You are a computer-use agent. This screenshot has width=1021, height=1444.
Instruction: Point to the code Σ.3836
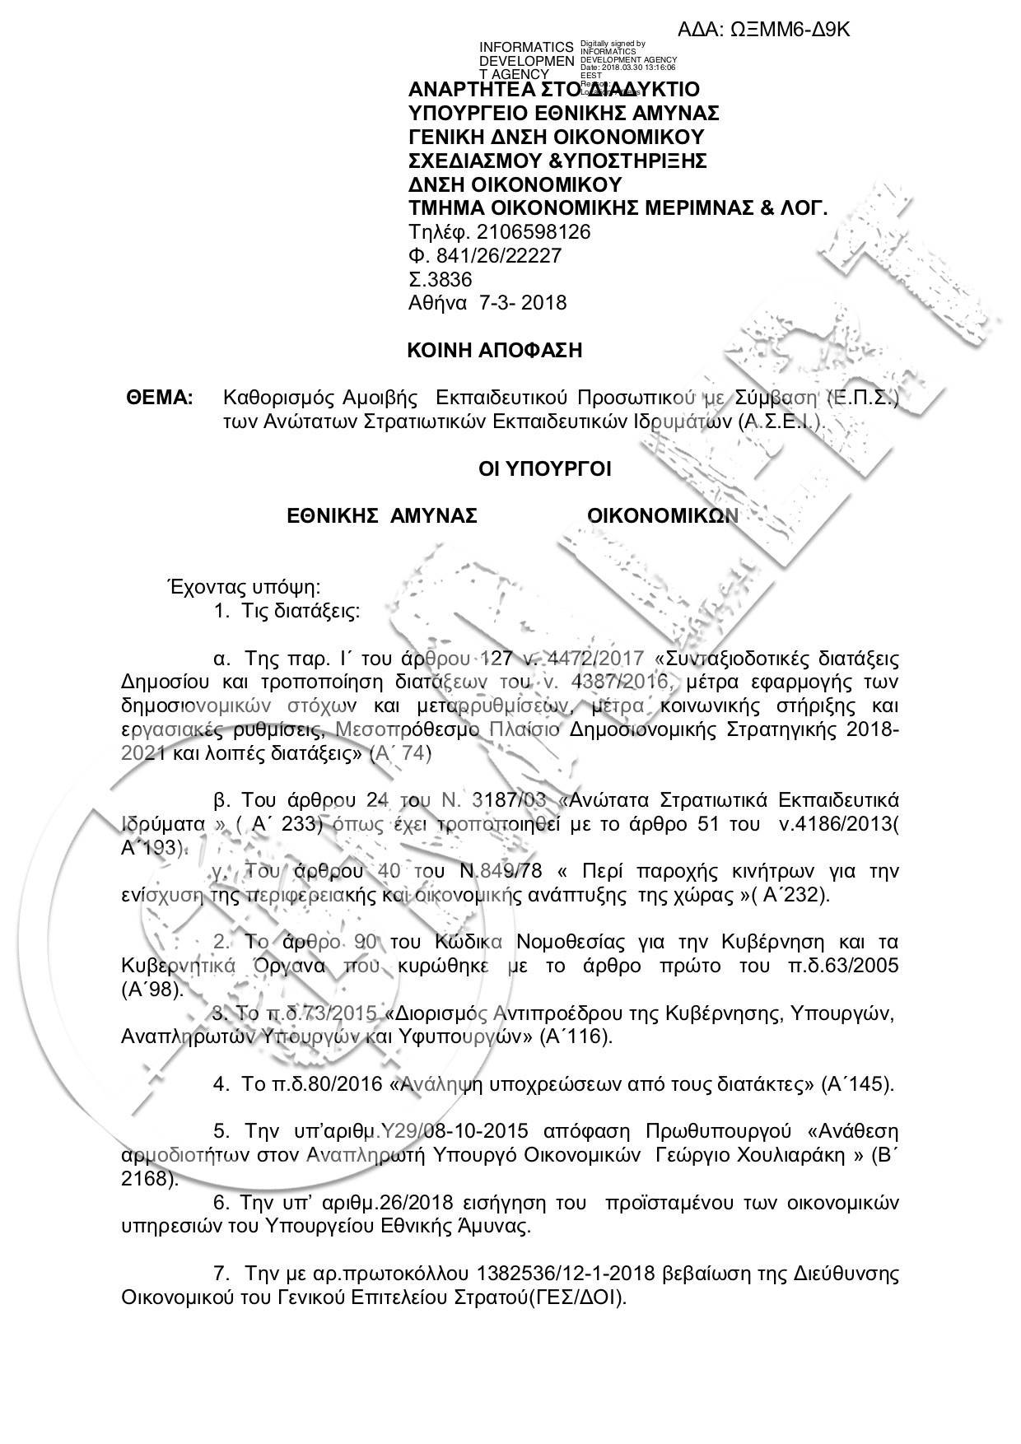click(441, 279)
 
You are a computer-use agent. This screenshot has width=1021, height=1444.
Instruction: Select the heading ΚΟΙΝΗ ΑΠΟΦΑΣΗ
click(495, 351)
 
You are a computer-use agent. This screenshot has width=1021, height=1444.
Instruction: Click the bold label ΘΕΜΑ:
click(160, 399)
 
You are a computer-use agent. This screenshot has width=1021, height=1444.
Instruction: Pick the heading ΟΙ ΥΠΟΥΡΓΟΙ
click(545, 470)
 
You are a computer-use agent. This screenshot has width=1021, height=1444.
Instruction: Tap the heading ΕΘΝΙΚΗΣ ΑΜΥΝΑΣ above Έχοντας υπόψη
click(382, 516)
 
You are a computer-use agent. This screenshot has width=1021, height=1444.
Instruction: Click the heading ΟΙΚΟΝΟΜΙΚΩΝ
click(662, 516)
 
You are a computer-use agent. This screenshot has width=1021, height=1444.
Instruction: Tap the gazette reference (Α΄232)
click(789, 895)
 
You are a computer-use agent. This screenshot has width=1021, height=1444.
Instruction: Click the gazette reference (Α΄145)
click(857, 1084)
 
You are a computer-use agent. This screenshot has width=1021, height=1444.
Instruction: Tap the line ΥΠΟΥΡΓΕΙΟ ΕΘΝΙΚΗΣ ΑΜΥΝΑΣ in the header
click(564, 113)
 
